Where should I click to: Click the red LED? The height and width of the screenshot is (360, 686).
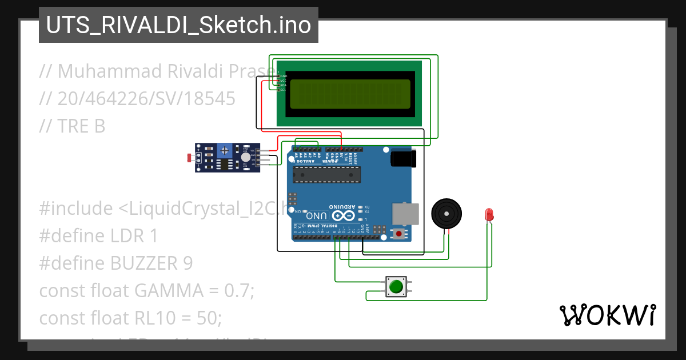tap(489, 215)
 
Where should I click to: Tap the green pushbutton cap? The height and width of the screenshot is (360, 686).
tap(396, 286)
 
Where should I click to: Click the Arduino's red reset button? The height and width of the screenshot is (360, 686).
tap(398, 233)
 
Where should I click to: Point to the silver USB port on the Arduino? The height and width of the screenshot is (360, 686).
tap(405, 214)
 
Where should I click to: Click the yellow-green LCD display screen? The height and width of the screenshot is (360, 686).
tap(350, 94)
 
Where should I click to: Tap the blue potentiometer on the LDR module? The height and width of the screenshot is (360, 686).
tap(225, 151)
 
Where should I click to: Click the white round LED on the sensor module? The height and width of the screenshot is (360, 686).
tap(245, 157)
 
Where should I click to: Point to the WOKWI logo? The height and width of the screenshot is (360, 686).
tap(607, 315)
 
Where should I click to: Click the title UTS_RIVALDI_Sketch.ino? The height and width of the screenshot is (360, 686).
tap(178, 25)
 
